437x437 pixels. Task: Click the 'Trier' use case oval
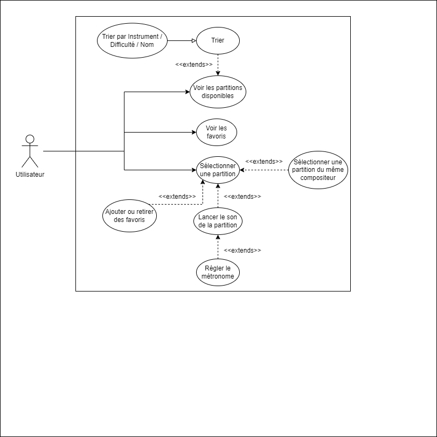click(x=218, y=41)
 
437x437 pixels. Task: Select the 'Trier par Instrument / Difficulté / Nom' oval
click(x=132, y=41)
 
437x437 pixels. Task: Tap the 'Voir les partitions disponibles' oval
click(x=218, y=92)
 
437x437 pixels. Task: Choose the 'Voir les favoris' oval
click(x=217, y=133)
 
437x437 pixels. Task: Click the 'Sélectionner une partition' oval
click(x=218, y=170)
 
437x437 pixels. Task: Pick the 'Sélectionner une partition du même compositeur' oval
click(x=318, y=170)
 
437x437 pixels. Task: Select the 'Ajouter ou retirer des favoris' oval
click(x=129, y=216)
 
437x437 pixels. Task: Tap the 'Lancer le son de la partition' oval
click(x=218, y=221)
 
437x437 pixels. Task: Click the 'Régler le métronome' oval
click(x=218, y=272)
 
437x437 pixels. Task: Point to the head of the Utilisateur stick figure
click(x=30, y=139)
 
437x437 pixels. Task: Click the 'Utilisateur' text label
click(x=30, y=175)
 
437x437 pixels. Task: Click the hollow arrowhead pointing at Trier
click(x=194, y=41)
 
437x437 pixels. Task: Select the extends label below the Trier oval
click(x=193, y=65)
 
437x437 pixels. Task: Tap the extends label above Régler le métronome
click(x=242, y=251)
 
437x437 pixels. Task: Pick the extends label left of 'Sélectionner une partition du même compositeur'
click(x=263, y=162)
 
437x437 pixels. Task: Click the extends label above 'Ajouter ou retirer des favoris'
click(x=177, y=197)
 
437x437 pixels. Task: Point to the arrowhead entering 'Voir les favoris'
click(x=195, y=133)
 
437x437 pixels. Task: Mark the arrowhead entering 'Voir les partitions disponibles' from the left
click(x=188, y=92)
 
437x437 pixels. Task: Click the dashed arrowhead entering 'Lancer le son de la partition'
click(x=218, y=237)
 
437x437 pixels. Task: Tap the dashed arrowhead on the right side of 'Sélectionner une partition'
click(x=242, y=170)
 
